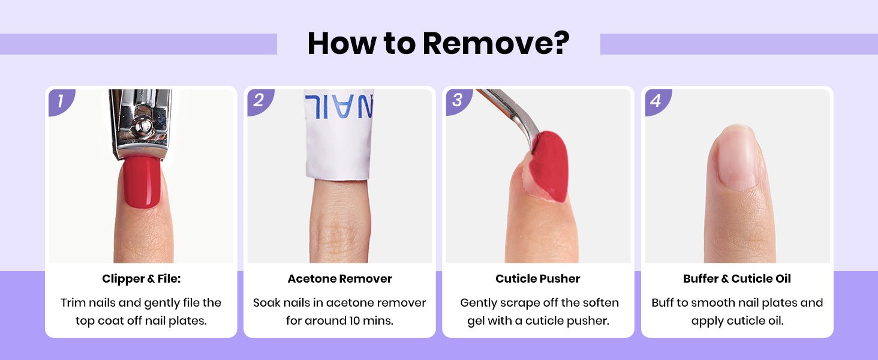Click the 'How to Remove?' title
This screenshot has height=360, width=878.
coord(438,43)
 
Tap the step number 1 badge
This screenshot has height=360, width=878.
coord(61,101)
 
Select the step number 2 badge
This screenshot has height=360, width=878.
coord(260,101)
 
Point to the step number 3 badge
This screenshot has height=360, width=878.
coord(458,101)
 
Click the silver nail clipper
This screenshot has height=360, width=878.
coord(140,124)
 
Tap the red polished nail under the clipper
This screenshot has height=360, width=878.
coord(142,181)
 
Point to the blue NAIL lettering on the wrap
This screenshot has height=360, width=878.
coord(339,106)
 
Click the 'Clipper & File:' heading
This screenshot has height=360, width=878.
coord(141,279)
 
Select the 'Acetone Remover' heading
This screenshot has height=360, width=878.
coord(339,279)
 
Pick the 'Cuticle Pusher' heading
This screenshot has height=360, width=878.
coord(538,279)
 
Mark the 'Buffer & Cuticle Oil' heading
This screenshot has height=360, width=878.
coord(737,279)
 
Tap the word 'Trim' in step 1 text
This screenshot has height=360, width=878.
coord(73,303)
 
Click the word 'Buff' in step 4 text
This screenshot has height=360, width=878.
coord(663,303)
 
